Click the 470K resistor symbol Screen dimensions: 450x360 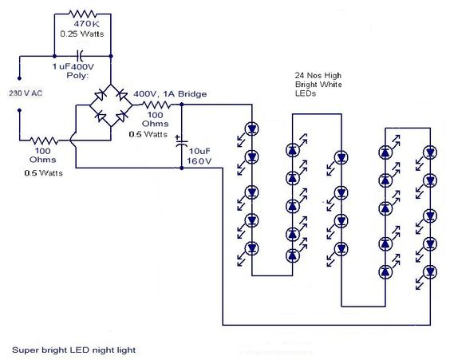click(x=83, y=14)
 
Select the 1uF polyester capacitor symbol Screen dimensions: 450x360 click(x=80, y=56)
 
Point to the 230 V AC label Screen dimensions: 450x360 click(x=26, y=93)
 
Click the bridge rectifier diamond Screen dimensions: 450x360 click(x=111, y=105)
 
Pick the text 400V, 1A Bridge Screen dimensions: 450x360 click(x=170, y=94)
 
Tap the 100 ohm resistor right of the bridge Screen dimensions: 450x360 click(x=156, y=105)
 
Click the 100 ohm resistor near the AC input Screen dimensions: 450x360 click(x=44, y=140)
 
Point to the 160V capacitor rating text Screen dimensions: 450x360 click(x=199, y=161)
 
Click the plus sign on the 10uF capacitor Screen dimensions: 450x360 click(x=178, y=137)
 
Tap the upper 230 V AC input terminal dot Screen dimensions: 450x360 click(x=19, y=78)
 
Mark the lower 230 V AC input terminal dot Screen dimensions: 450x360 click(x=19, y=110)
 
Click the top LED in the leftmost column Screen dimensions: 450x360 click(x=251, y=129)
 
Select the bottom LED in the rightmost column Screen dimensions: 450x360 click(x=430, y=271)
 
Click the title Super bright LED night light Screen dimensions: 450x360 click(x=73, y=350)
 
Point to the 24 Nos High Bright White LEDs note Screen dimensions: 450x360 click(x=318, y=85)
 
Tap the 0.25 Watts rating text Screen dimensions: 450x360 click(x=82, y=34)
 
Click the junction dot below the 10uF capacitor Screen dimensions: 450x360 click(x=181, y=168)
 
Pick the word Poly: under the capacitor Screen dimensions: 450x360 click(x=77, y=76)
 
